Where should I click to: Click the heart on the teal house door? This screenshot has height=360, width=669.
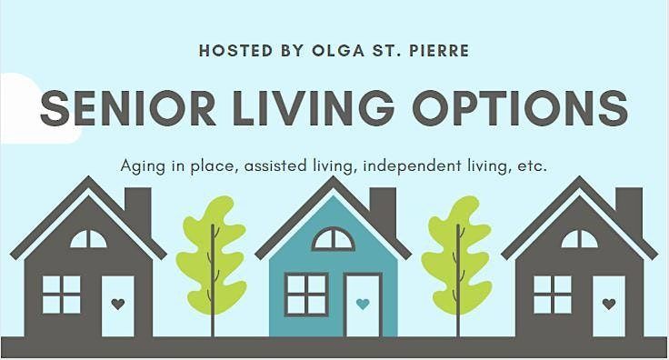363,304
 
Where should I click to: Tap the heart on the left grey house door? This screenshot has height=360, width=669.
116,304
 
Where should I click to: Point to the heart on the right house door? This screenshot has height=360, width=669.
609,304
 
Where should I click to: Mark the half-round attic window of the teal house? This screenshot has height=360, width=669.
333,239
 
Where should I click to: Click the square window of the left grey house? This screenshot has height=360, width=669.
61,295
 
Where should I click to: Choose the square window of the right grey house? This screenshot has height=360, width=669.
553,295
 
